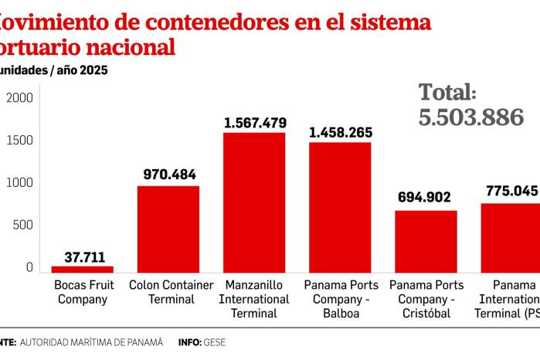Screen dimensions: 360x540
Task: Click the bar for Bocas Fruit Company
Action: click(x=82, y=269)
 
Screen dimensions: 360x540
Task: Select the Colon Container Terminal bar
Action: click(x=168, y=229)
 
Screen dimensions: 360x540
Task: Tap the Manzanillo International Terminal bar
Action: click(x=254, y=202)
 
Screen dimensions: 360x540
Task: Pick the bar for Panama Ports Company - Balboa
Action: click(x=340, y=207)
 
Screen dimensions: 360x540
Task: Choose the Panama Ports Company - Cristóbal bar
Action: click(x=426, y=241)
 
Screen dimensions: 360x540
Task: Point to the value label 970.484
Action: click(x=170, y=175)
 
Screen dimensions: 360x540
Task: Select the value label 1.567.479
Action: click(x=255, y=123)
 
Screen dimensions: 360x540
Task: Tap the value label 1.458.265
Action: click(x=340, y=132)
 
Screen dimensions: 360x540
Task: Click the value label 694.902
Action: click(x=424, y=197)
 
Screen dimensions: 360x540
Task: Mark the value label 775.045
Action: click(x=511, y=191)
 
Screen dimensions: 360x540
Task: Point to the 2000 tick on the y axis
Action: click(x=19, y=98)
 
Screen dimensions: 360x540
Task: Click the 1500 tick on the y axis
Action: click(x=19, y=141)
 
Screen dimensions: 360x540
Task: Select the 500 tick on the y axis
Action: click(x=22, y=226)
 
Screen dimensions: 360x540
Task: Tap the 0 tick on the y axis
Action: click(x=29, y=267)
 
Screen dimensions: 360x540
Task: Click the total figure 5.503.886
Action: click(x=471, y=117)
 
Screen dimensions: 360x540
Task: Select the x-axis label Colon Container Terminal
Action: click(x=171, y=291)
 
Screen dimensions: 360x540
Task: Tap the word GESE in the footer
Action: click(x=215, y=341)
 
